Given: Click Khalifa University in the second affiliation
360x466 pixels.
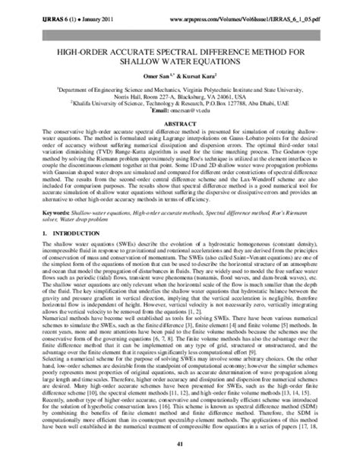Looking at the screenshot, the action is [89, 103].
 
